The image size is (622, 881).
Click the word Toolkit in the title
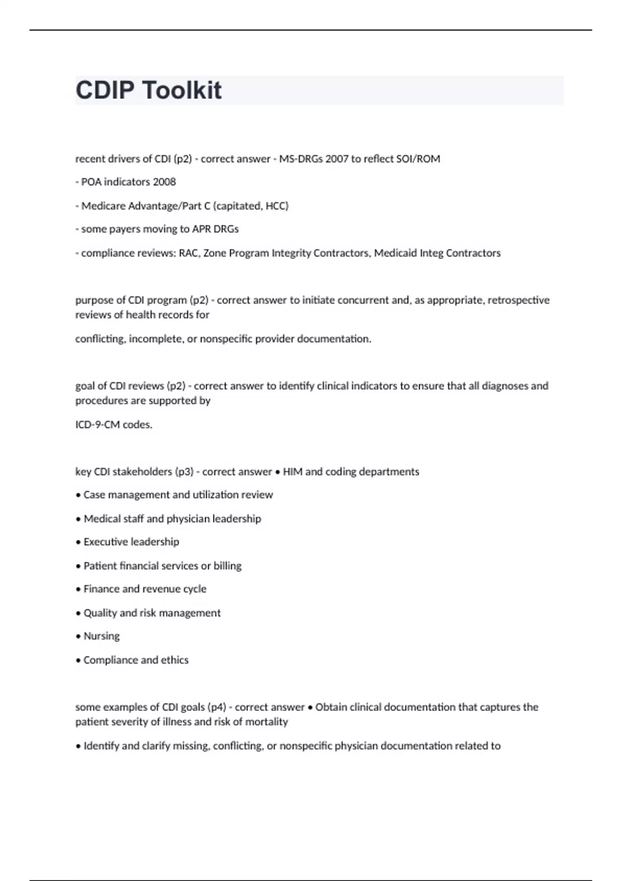coord(181,90)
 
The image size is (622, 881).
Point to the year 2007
coord(337,159)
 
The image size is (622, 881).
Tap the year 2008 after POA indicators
coord(164,182)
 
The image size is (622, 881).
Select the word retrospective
coord(518,300)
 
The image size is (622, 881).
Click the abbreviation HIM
coord(292,472)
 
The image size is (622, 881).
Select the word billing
coord(228,566)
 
